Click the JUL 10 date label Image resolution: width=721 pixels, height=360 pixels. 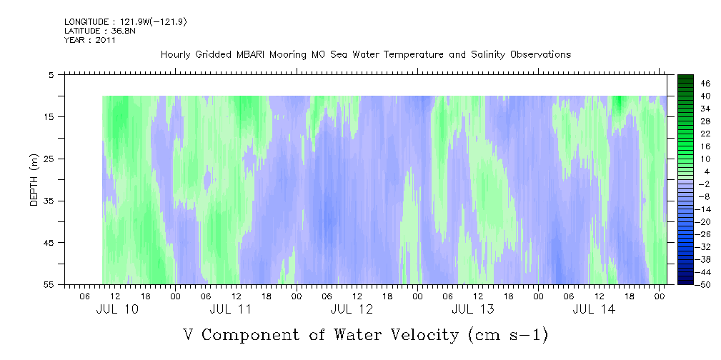pyautogui.click(x=116, y=310)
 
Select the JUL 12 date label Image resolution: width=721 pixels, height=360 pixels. pyautogui.click(x=352, y=310)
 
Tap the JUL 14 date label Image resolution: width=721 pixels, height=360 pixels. pyautogui.click(x=594, y=310)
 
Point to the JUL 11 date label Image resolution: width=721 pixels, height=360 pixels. pyautogui.click(x=230, y=310)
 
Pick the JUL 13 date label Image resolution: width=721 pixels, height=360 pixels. pyautogui.click(x=473, y=310)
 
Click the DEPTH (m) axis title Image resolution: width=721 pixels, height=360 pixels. pyautogui.click(x=34, y=179)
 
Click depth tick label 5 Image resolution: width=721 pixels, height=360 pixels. pyautogui.click(x=51, y=75)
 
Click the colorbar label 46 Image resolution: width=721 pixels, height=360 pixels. pyautogui.click(x=706, y=84)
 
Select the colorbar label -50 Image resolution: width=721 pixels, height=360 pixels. pyautogui.click(x=704, y=285)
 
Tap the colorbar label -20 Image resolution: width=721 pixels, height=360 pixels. pyautogui.click(x=704, y=222)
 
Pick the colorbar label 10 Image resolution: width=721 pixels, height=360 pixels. pyautogui.click(x=706, y=159)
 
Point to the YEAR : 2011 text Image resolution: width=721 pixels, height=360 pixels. pyautogui.click(x=90, y=40)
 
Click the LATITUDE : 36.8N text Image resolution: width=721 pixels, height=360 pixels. pyautogui.click(x=100, y=31)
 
